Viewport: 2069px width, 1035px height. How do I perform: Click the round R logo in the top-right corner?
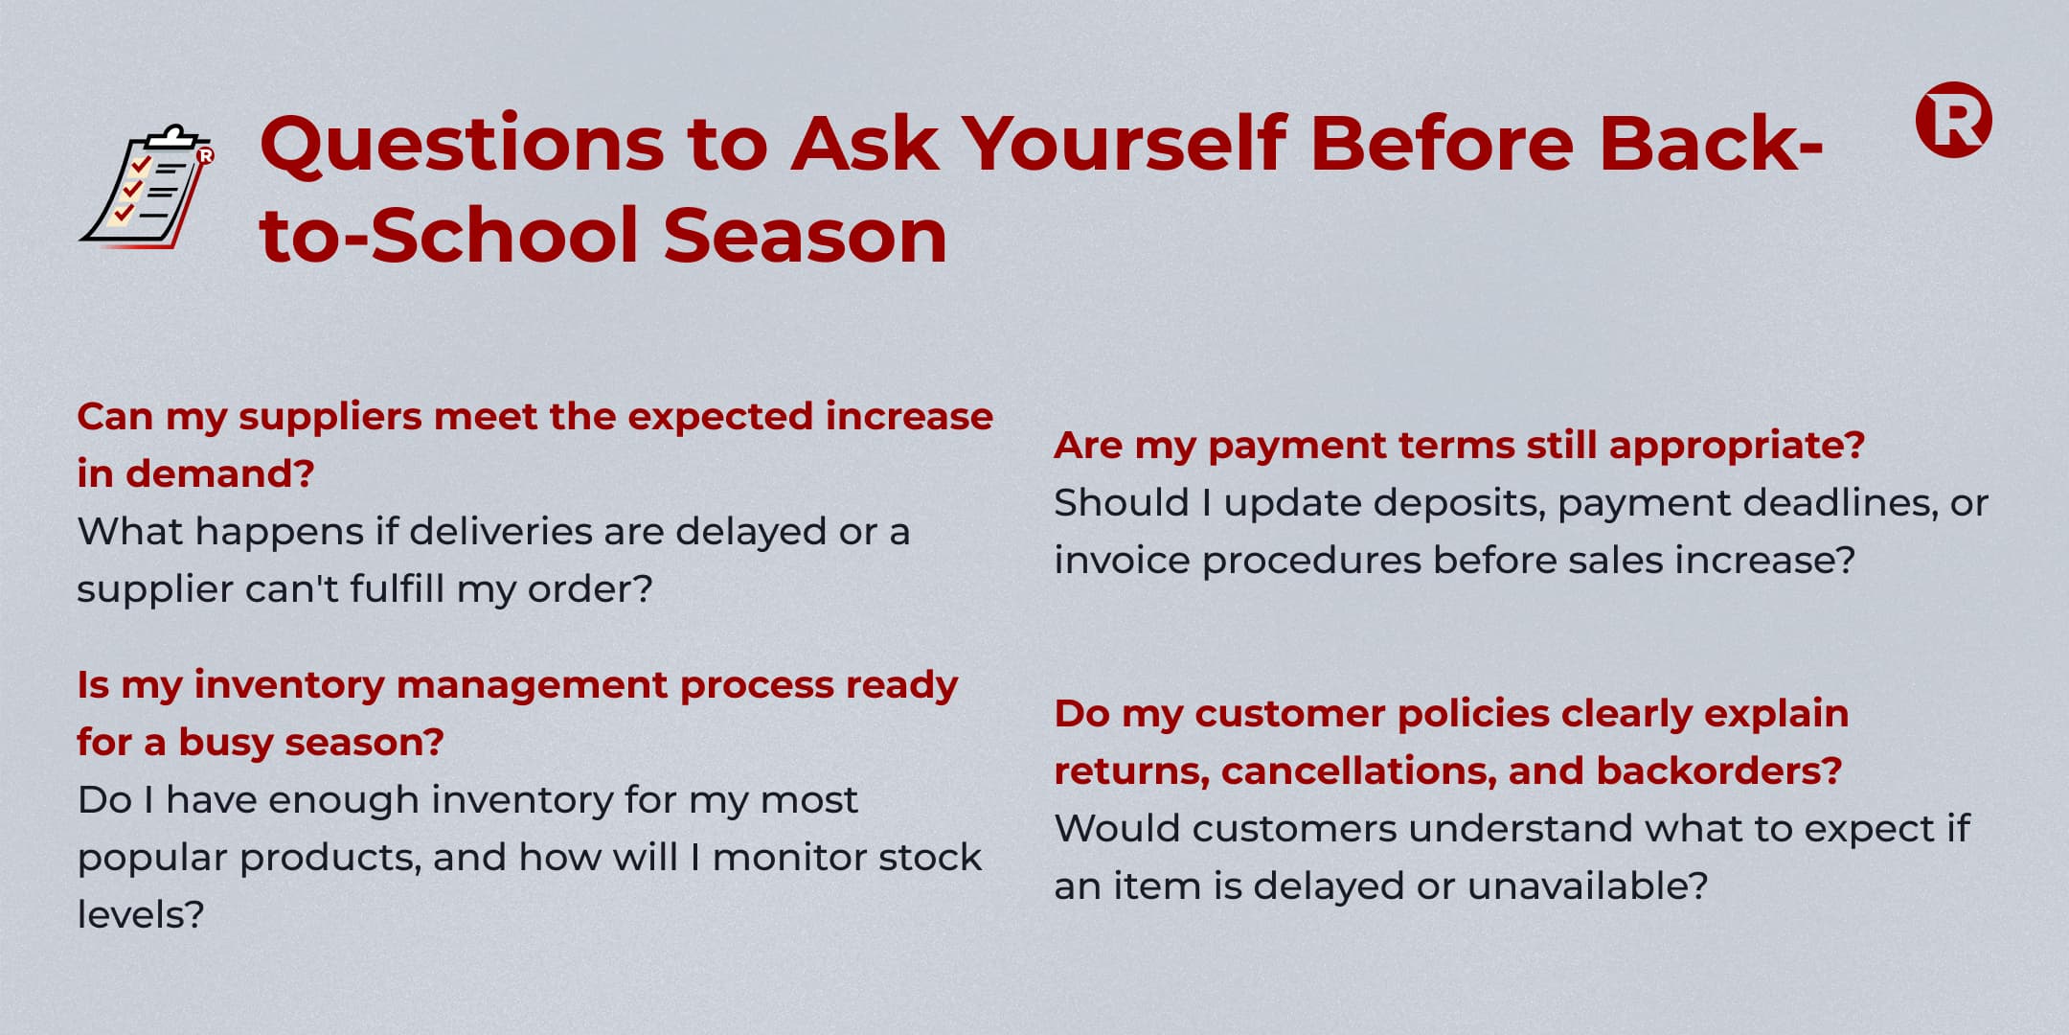[x=1953, y=120]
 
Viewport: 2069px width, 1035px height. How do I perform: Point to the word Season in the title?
[x=806, y=236]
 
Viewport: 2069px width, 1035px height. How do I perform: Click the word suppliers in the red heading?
[x=330, y=419]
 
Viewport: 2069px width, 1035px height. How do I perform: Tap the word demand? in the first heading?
[x=220, y=473]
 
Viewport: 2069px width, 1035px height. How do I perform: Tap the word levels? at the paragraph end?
[x=141, y=914]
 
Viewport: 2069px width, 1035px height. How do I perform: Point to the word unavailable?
[x=1587, y=885]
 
